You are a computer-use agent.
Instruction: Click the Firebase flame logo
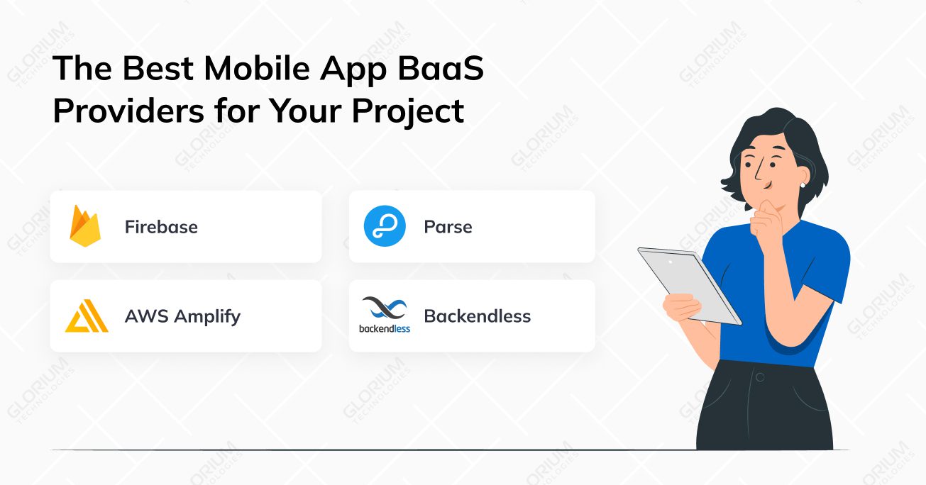point(84,226)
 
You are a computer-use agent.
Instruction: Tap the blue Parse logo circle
point(385,227)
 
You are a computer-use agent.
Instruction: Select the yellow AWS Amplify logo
point(87,316)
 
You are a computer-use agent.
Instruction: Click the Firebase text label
point(161,227)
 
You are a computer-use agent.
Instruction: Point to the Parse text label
point(448,227)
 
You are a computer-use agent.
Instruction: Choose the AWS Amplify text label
point(182,316)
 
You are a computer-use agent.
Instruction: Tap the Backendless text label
point(477,316)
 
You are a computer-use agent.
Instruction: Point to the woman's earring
point(803,185)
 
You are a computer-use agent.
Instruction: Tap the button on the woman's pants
point(759,377)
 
